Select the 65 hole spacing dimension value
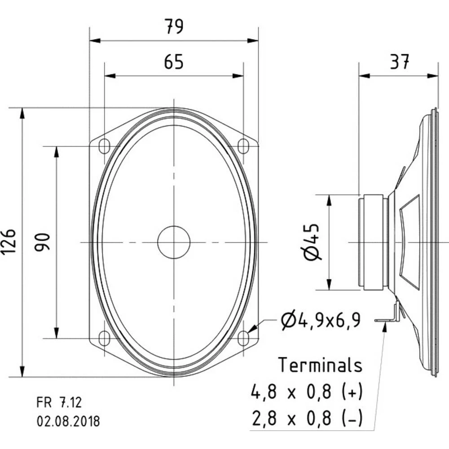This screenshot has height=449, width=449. [x=173, y=62]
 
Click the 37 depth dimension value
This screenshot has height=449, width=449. [x=399, y=62]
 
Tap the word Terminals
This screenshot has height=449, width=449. [x=320, y=365]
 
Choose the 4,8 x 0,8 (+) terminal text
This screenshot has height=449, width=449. [x=307, y=392]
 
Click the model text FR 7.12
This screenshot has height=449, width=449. [x=59, y=402]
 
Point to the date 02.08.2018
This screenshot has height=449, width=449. [x=68, y=422]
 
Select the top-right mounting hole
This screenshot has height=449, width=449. [x=243, y=146]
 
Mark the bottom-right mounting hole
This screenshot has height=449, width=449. [x=243, y=338]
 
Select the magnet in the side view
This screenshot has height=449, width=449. [x=373, y=242]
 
